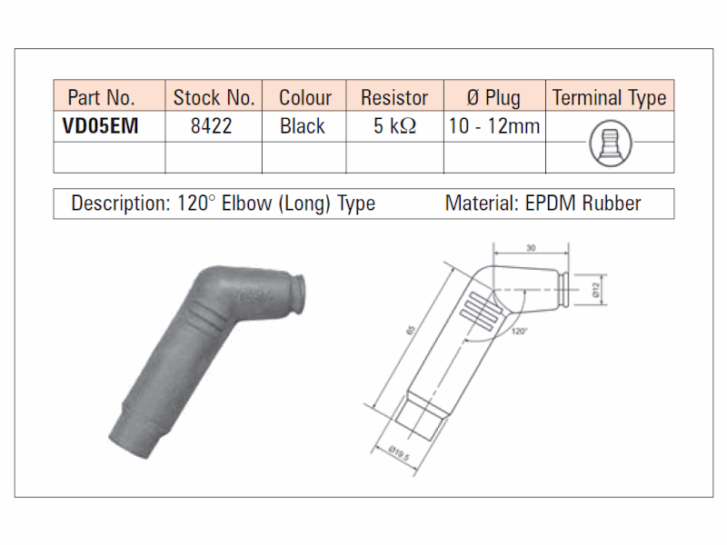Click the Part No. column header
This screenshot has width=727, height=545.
coord(101,98)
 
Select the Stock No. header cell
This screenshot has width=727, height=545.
coord(214,98)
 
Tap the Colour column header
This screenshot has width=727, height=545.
coord(305,98)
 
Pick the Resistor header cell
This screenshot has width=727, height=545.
coord(394,98)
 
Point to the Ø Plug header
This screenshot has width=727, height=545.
coord(493,98)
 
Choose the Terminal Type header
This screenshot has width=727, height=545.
coord(609,98)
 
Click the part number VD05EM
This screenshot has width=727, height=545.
coord(100,126)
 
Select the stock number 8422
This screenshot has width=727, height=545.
coord(212,126)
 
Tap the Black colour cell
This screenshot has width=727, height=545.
coord(303,126)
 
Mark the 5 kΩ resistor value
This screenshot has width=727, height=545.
coord(395,126)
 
